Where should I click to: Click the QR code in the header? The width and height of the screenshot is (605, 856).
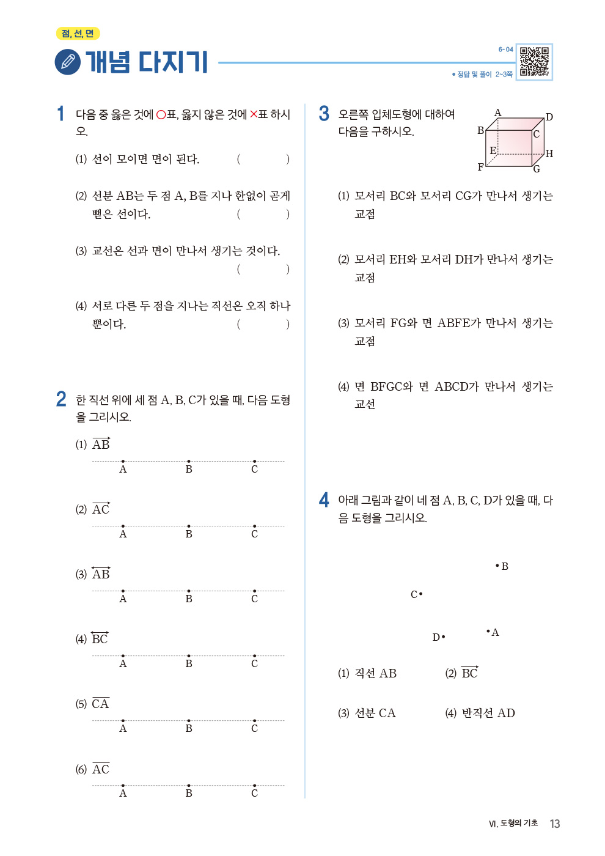click(534, 62)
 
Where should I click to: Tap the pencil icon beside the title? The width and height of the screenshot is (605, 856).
click(67, 62)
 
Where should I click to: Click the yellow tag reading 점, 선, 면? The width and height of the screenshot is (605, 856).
click(78, 34)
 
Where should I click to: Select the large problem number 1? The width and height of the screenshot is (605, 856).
click(61, 114)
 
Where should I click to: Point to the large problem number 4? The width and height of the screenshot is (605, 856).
click(324, 500)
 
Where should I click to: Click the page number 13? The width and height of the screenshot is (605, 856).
click(554, 824)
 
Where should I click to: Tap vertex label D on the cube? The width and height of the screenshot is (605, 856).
click(549, 117)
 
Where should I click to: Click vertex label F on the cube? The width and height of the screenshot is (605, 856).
click(480, 167)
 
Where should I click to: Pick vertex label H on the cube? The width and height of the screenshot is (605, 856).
click(549, 153)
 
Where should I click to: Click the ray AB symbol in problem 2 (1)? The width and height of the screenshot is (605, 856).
click(101, 444)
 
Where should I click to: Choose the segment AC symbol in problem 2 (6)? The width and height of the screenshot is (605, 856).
click(101, 769)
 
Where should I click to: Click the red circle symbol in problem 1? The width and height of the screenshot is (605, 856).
click(161, 114)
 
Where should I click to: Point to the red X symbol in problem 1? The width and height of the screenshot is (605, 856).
click(254, 114)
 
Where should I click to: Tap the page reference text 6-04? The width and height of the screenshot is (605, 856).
click(505, 50)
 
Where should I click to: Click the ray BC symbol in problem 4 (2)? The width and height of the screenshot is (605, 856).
click(469, 673)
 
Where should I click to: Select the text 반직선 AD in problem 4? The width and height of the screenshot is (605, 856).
click(488, 713)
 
